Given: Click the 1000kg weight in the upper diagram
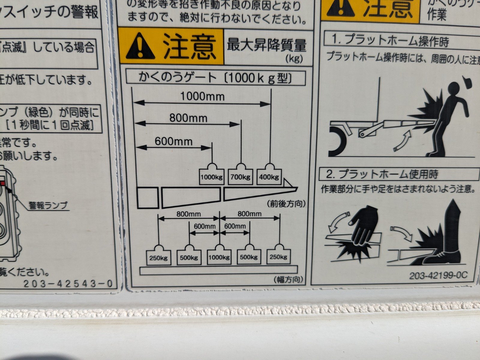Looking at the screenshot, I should tap(211, 177).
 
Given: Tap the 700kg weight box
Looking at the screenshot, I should tap(241, 177).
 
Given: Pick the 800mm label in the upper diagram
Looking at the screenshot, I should tap(188, 118).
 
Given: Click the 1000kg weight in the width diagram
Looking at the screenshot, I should tap(219, 257).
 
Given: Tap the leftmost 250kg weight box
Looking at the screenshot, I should tap(158, 257).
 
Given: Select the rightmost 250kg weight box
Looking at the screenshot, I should tap(279, 257).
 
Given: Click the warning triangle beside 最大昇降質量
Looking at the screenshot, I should tap(140, 47).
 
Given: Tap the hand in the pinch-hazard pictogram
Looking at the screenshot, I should tap(364, 225).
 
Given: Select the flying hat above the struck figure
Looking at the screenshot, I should tap(466, 81).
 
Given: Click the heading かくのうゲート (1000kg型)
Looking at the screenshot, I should tap(215, 78).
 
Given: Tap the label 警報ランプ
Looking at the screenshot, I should tap(48, 205).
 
